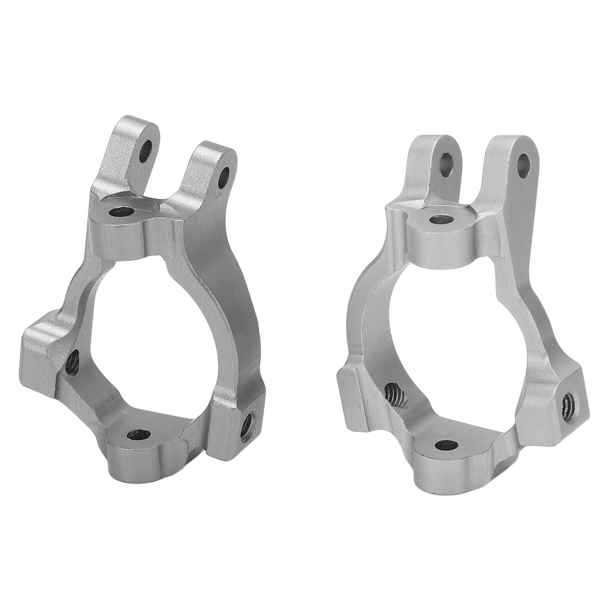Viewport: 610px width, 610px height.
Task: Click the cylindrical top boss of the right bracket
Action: pos(442,236)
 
